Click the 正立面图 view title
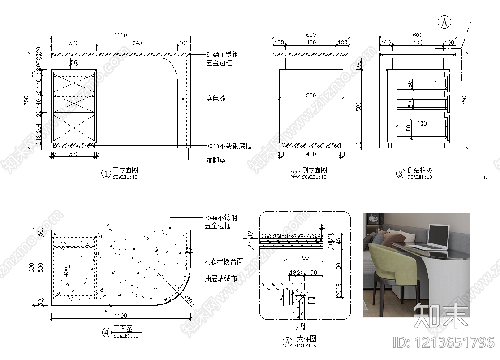(x=125, y=170)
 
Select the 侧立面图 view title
(x=315, y=170)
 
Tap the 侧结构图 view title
(x=420, y=170)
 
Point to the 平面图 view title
(x=123, y=329)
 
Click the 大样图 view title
(x=306, y=339)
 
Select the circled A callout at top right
(x=444, y=22)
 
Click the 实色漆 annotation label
(x=216, y=98)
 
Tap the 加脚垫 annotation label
(x=216, y=160)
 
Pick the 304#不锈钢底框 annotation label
(x=228, y=146)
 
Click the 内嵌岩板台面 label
(x=223, y=261)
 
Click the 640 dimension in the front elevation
(x=137, y=43)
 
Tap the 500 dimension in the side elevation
(x=311, y=95)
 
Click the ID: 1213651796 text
(x=443, y=343)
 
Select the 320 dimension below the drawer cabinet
(x=74, y=154)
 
